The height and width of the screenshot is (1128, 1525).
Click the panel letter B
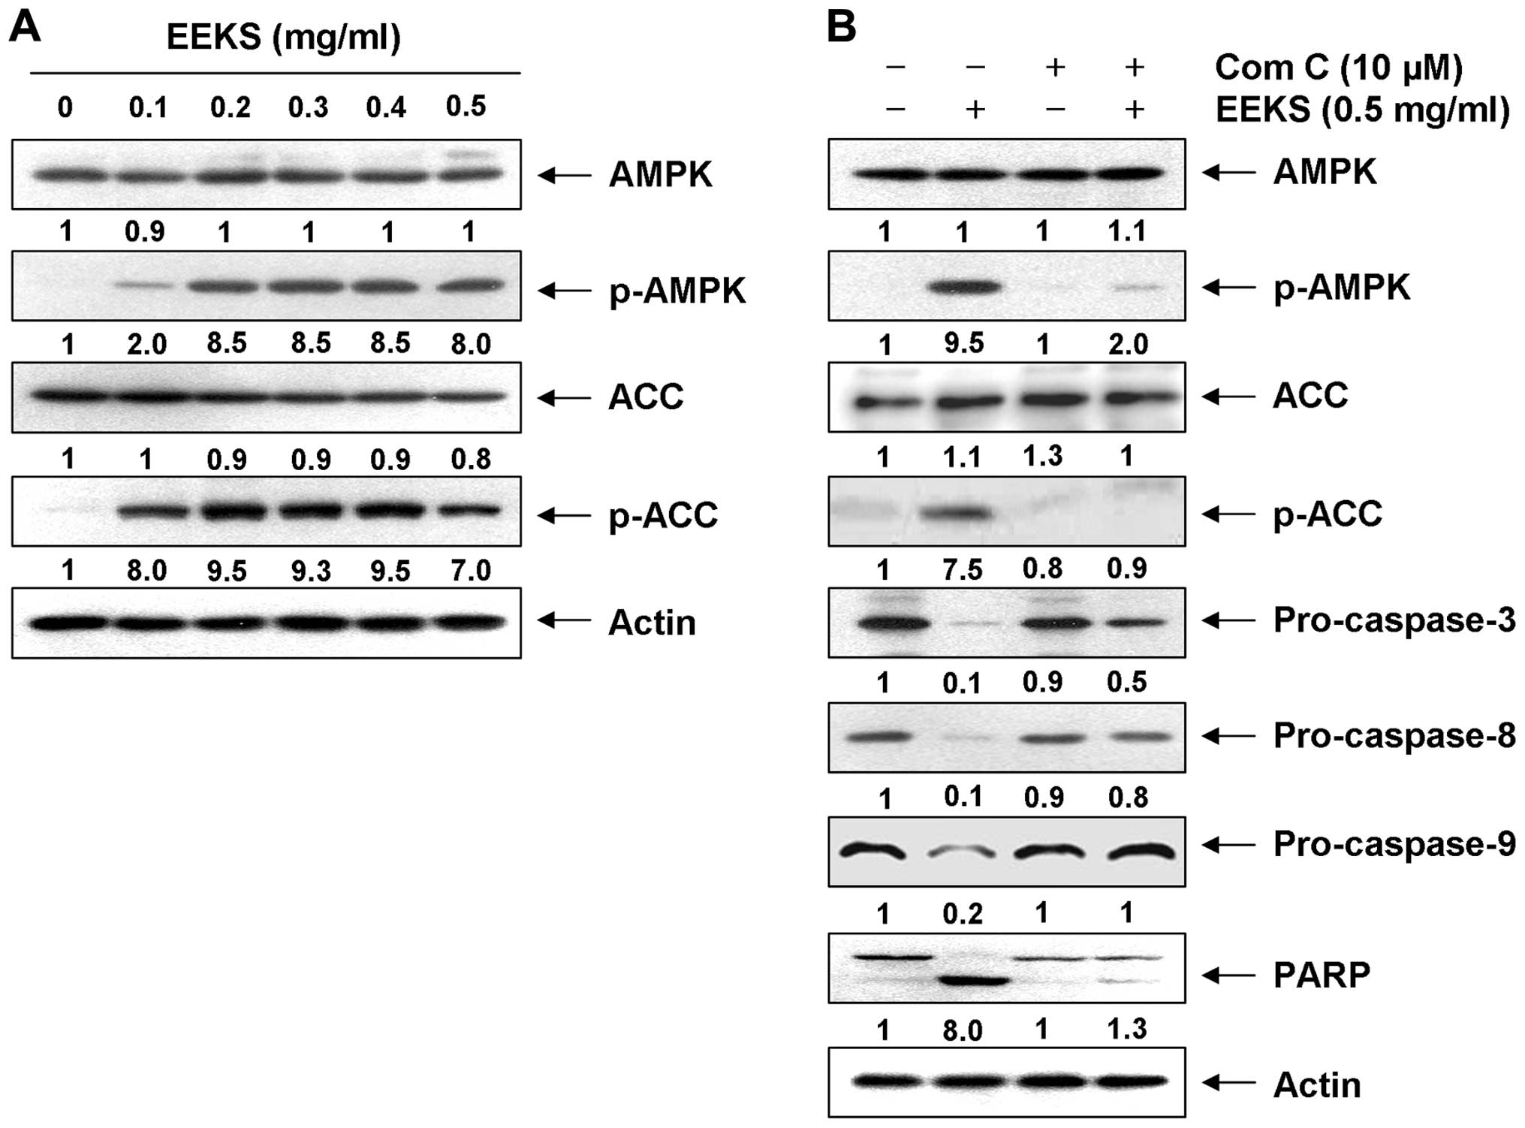point(841,29)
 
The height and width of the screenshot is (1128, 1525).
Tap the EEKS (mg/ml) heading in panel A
point(283,38)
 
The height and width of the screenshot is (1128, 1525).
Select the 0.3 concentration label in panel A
point(309,107)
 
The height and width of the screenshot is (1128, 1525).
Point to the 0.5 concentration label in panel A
point(466,106)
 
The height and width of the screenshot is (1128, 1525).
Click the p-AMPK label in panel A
point(677,291)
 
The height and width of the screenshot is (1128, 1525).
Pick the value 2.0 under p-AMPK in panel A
point(146,345)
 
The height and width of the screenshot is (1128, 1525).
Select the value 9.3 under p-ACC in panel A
point(311,571)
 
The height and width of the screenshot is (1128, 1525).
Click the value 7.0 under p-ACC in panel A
point(471,571)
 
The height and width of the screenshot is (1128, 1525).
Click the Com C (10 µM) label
point(1339,68)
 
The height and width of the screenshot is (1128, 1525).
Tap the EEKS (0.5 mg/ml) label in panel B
point(1362,110)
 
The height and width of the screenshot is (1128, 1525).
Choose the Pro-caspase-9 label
point(1394,845)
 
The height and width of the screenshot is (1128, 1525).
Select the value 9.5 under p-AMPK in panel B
point(963,344)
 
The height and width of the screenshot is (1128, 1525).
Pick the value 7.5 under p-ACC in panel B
point(963,569)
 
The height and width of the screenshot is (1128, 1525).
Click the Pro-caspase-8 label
point(1394,736)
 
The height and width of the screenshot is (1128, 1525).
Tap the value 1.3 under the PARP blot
point(1128,1029)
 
